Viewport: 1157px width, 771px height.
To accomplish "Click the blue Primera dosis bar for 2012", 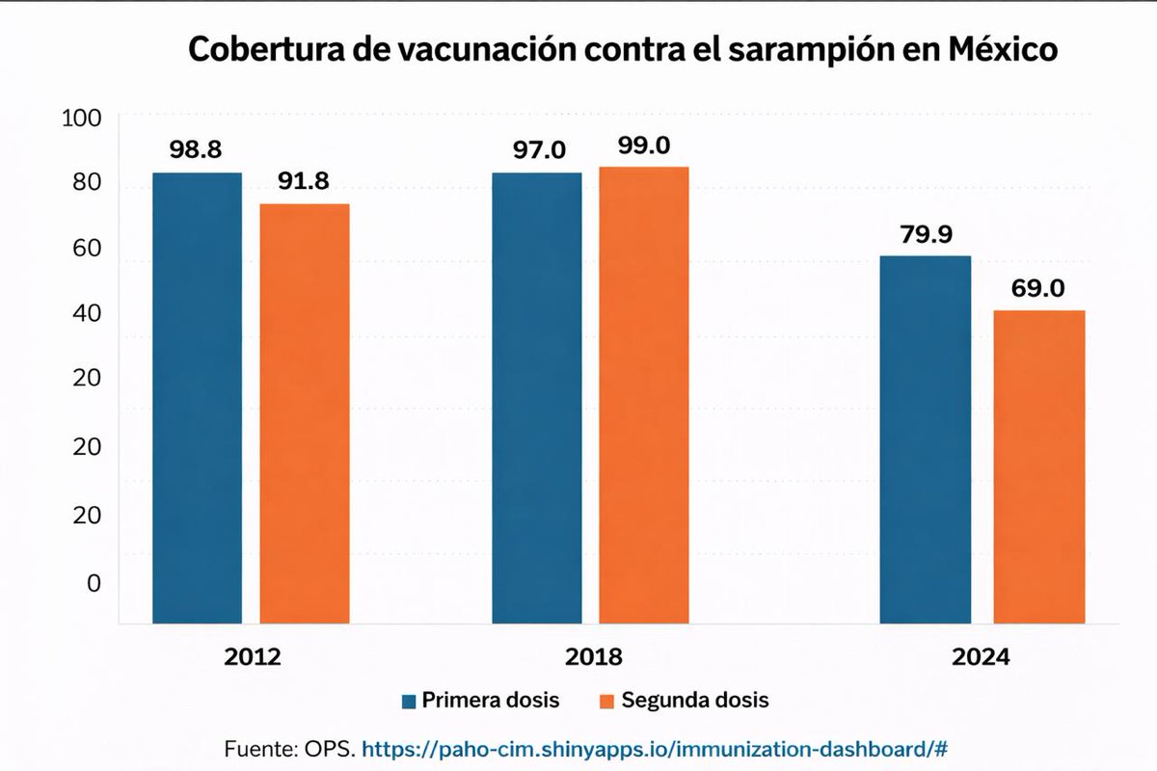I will pos(197,398).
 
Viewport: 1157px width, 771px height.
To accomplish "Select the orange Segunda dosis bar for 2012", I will pos(304,413).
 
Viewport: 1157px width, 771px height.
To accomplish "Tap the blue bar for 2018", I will pos(536,398).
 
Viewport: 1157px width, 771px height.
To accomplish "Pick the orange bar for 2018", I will pos(643,395).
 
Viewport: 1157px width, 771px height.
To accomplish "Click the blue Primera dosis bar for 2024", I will pos(926,439).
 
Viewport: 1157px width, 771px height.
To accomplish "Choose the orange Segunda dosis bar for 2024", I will pos(1039,466).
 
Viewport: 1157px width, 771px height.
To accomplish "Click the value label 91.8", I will pos(305,183).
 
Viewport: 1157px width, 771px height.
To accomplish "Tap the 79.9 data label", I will pos(926,234).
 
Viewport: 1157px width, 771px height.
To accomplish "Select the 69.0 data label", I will pos(1038,288).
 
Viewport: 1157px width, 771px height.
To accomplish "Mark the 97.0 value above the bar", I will pos(537,150).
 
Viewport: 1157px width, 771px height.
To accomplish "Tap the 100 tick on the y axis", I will pos(81,119).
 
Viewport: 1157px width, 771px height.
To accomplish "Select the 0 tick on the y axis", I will pos(94,583).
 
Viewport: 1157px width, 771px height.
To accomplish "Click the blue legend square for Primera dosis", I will pos(407,701).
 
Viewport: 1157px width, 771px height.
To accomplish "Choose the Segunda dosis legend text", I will pos(694,701).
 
